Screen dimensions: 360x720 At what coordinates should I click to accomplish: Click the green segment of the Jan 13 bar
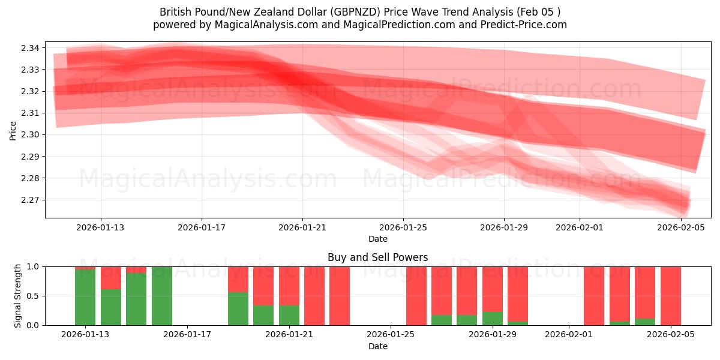coord(85,297)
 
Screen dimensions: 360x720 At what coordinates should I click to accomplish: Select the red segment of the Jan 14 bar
coord(110,278)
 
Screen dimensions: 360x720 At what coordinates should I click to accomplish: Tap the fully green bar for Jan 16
coord(161,296)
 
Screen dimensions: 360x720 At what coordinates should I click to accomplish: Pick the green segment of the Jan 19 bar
coord(238,308)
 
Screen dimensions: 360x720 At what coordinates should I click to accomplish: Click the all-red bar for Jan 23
coord(340,296)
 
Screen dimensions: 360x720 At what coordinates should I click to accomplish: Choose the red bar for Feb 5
coord(671,296)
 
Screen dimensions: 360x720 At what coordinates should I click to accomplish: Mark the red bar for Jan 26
coord(416,296)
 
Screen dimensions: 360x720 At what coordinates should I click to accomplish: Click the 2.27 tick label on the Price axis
coord(31,200)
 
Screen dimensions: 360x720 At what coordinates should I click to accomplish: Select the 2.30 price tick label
coord(31,135)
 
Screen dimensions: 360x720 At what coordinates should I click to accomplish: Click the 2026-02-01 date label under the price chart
coord(580,227)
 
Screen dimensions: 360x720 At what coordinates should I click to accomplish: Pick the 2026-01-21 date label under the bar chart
coord(290,335)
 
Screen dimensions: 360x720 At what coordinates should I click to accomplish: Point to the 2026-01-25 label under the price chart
coord(403,227)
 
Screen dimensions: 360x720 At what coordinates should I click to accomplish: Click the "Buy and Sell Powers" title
coord(377,257)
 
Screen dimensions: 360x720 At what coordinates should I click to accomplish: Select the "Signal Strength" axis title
coord(18,296)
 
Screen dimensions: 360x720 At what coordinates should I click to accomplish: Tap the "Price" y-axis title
coord(13,130)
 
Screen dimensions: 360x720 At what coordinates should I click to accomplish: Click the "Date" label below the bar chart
coord(377,346)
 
